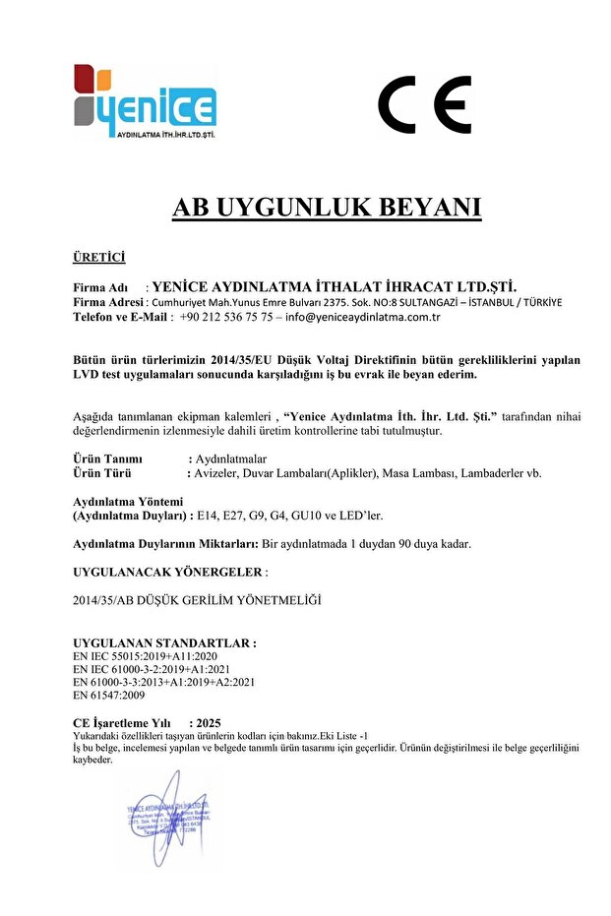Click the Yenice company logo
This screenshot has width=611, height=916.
click(x=145, y=102)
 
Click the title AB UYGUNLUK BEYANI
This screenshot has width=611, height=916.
click(x=327, y=208)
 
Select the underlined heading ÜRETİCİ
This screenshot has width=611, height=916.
click(x=99, y=258)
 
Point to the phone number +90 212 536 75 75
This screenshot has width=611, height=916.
click(x=226, y=318)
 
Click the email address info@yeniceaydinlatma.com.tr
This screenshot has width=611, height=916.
click(x=362, y=318)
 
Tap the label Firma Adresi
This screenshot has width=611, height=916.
click(x=108, y=302)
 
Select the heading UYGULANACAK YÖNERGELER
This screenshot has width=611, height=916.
click(x=167, y=572)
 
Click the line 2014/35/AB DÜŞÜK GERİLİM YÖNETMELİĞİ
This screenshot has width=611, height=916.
click(x=198, y=599)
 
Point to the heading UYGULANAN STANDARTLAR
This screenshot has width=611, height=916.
click(x=164, y=642)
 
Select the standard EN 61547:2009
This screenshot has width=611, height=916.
click(x=109, y=696)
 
